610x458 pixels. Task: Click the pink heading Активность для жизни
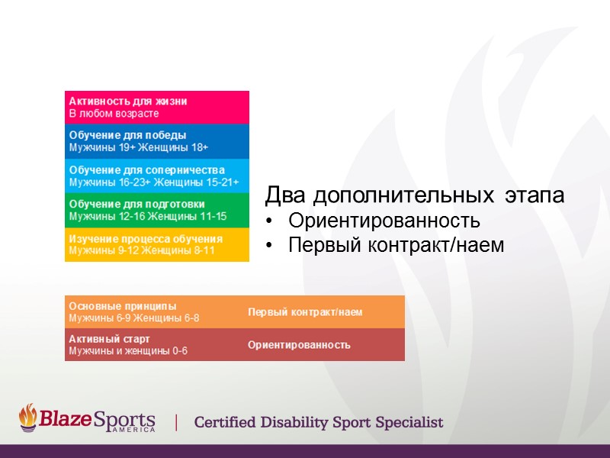pyautogui.click(x=128, y=101)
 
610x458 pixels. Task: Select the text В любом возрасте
pyautogui.click(x=114, y=114)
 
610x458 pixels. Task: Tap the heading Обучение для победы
pyautogui.click(x=127, y=135)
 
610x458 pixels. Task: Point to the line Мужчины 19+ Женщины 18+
pyautogui.click(x=139, y=147)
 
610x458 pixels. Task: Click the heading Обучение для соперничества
pyautogui.click(x=146, y=169)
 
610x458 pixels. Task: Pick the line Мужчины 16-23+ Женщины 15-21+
pyautogui.click(x=154, y=182)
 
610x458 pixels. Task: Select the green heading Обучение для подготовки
pyautogui.click(x=136, y=204)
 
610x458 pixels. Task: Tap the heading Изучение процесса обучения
pyautogui.click(x=146, y=238)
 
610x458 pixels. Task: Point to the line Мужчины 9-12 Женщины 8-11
pyautogui.click(x=142, y=250)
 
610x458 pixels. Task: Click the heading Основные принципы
pyautogui.click(x=122, y=306)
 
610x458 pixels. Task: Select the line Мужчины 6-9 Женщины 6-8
pyautogui.click(x=134, y=318)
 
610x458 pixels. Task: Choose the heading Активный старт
pyautogui.click(x=109, y=339)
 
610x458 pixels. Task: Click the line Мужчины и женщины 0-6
pyautogui.click(x=128, y=351)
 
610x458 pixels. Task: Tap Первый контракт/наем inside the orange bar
pyautogui.click(x=305, y=312)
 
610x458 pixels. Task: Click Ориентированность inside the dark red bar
pyautogui.click(x=299, y=345)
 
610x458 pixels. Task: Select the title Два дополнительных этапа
pyautogui.click(x=415, y=196)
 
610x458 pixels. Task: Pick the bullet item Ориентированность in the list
pyautogui.click(x=384, y=221)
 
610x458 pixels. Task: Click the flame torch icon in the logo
pyautogui.click(x=27, y=417)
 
